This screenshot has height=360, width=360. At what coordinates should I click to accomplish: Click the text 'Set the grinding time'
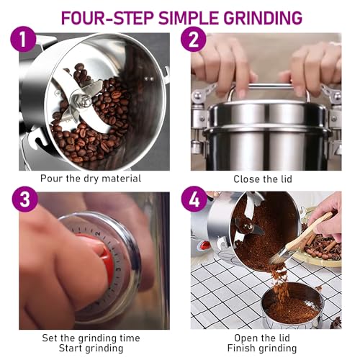pos(90,337)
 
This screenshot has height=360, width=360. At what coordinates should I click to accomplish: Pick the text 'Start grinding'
pos(90,348)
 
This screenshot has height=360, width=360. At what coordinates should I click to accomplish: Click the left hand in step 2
pos(220,72)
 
